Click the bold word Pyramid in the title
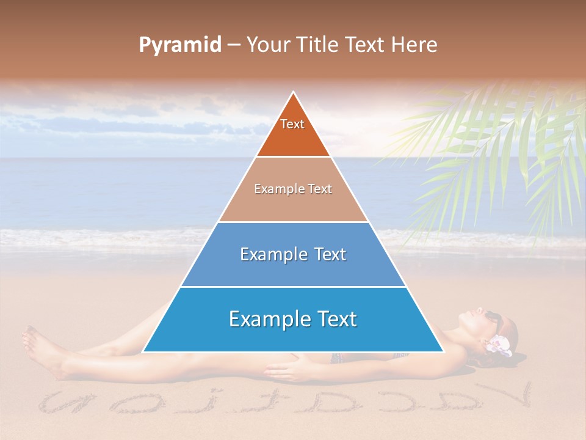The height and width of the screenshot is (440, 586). click(180, 45)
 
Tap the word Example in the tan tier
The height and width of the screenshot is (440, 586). click(272, 189)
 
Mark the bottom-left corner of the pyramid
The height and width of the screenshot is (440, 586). click(143, 352)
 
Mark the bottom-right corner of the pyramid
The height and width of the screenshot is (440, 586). click(444, 352)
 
